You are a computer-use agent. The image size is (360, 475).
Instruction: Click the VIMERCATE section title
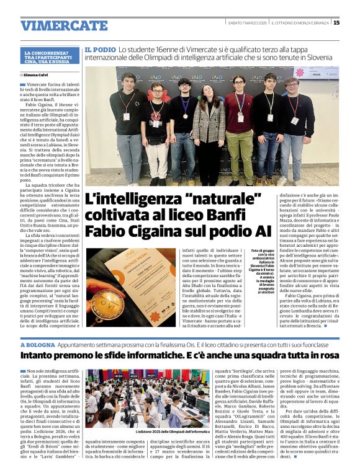pyautogui.click(x=64, y=25)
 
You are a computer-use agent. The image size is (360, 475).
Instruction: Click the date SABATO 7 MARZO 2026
pyautogui.click(x=248, y=23)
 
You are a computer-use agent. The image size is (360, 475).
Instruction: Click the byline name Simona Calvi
pyautogui.click(x=37, y=74)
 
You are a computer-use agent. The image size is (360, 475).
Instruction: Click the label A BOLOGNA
pyautogui.click(x=38, y=344)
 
